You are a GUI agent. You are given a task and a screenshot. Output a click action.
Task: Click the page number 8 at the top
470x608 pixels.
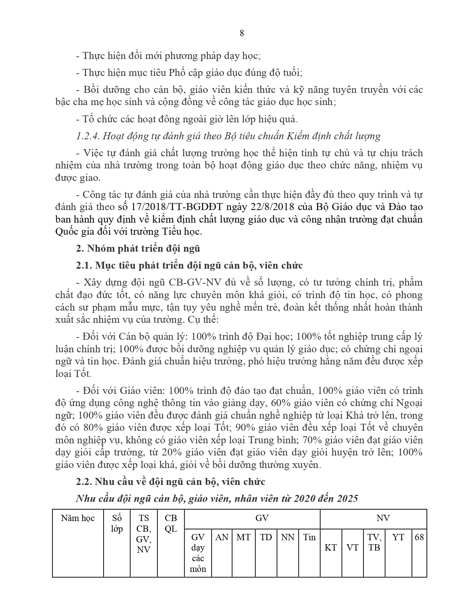tap(242, 33)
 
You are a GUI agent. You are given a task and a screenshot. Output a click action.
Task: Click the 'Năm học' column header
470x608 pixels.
tap(78, 518)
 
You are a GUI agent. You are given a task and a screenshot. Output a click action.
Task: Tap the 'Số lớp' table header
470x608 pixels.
tap(117, 524)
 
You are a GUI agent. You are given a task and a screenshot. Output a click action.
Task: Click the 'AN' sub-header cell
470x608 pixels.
tap(222, 537)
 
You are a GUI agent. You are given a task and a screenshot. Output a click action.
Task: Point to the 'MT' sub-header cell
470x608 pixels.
tap(243, 537)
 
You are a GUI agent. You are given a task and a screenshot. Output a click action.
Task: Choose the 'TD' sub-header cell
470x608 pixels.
tap(266, 537)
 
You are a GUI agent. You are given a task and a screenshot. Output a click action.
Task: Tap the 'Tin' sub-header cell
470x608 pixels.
tap(309, 537)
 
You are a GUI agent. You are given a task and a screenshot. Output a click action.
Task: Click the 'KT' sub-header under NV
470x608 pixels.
tap(331, 548)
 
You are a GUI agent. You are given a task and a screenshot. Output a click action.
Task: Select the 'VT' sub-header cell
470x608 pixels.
tap(352, 548)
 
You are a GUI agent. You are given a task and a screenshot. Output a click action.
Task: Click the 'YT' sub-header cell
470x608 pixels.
tap(398, 537)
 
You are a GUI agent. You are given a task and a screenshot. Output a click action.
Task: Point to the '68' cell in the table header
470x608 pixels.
tap(419, 537)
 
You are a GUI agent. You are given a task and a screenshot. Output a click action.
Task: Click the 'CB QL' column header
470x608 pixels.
tap(171, 524)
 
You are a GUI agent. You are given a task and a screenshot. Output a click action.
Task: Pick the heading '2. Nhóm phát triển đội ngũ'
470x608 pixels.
tap(138, 248)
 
